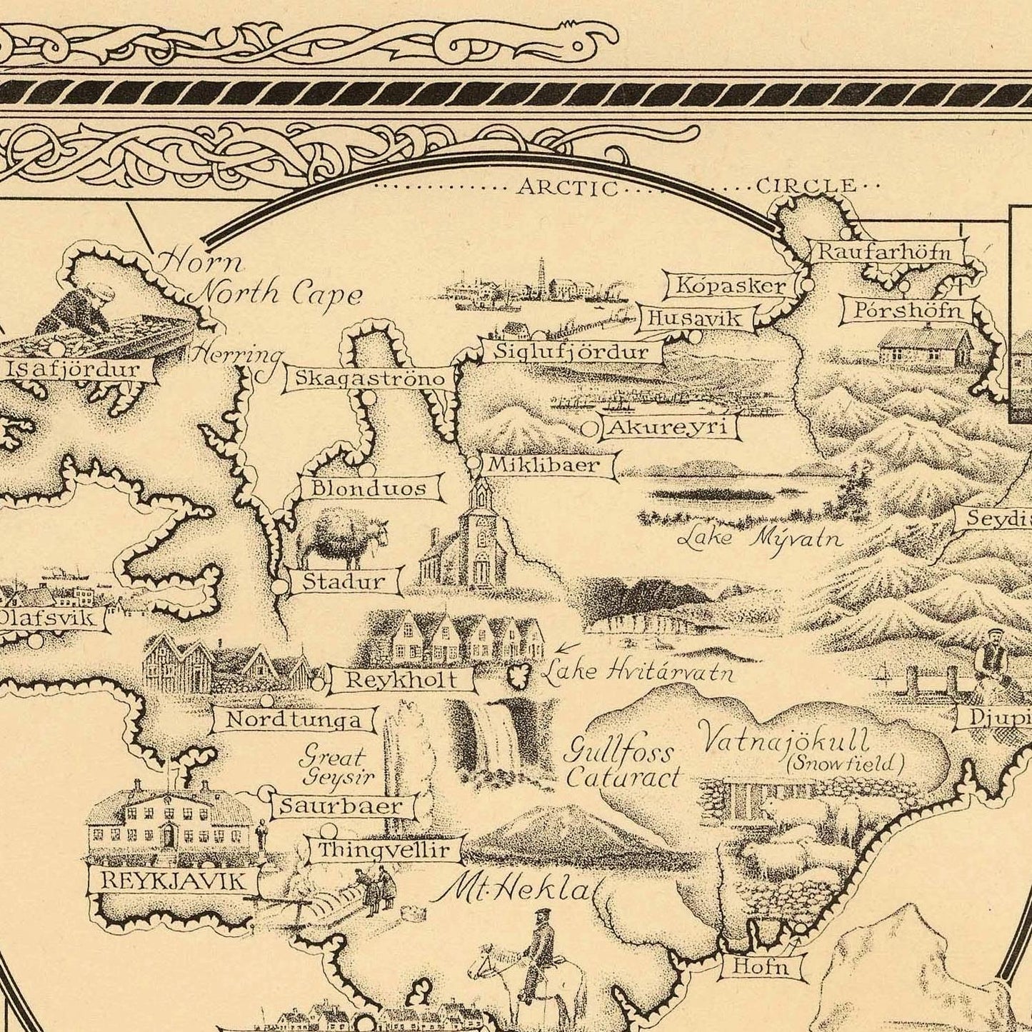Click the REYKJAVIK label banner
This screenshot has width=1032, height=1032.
pyautogui.click(x=172, y=880)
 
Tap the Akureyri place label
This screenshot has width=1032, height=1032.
pyautogui.click(x=668, y=428)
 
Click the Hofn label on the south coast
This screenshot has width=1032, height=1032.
pyautogui.click(x=761, y=968)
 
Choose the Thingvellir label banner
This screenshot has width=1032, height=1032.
pyautogui.click(x=384, y=850)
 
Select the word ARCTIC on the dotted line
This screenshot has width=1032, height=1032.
pyautogui.click(x=568, y=188)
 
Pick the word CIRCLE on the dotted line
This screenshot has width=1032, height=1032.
pyautogui.click(x=805, y=186)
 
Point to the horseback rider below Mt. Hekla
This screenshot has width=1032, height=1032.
pyautogui.click(x=533, y=953)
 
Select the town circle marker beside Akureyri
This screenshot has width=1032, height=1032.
pyautogui.click(x=591, y=429)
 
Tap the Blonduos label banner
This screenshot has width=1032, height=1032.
pyautogui.click(x=369, y=489)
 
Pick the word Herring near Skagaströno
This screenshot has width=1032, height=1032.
pyautogui.click(x=239, y=354)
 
